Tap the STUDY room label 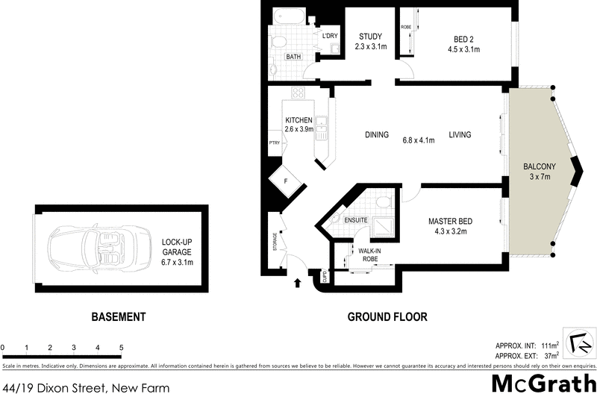pos(370,37)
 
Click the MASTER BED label pos(450,222)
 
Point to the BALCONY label pos(538,166)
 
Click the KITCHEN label pos(298,120)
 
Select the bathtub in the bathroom pos(287,17)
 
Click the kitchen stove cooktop pos(298,93)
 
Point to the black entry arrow pos(298,283)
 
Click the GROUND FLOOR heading pos(387,317)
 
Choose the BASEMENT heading pos(118,317)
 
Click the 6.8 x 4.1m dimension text pos(418,140)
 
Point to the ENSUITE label pos(356,221)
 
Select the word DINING pos(377,135)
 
